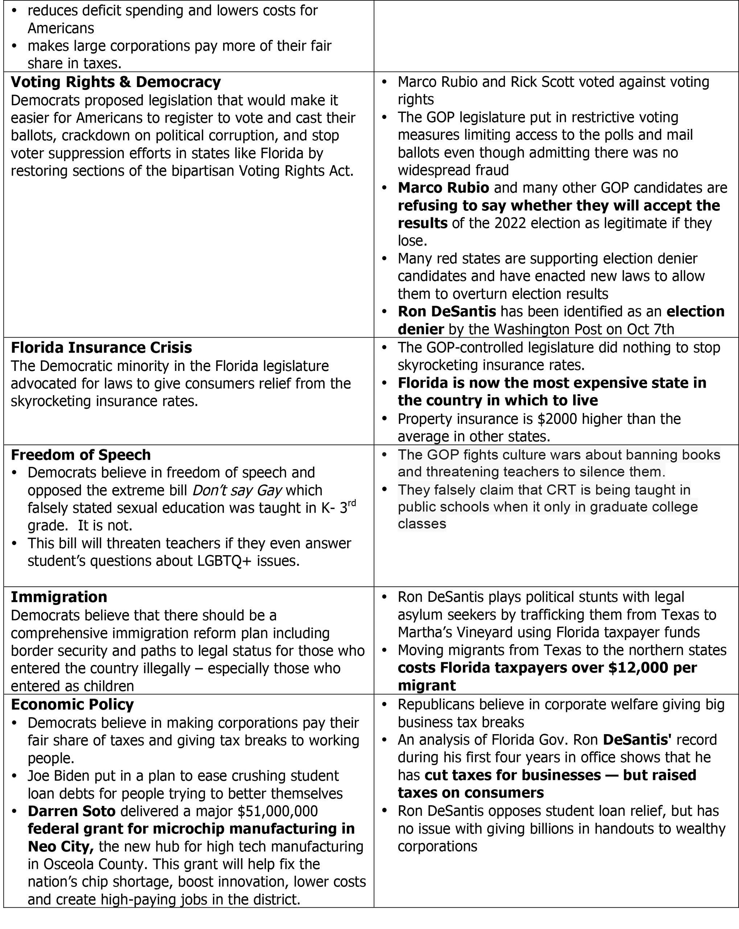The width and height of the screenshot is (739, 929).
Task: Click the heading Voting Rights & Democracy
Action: click(115, 82)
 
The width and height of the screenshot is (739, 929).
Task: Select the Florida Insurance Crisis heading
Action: click(101, 347)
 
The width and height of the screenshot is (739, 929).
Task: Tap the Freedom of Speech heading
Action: click(81, 455)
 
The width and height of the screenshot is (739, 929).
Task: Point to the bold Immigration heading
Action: click(59, 597)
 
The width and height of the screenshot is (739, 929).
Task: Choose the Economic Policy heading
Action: click(72, 704)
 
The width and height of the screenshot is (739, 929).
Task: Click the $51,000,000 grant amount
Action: click(278, 811)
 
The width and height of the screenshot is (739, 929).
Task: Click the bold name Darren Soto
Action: click(71, 811)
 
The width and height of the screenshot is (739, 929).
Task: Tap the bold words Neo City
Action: click(61, 846)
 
